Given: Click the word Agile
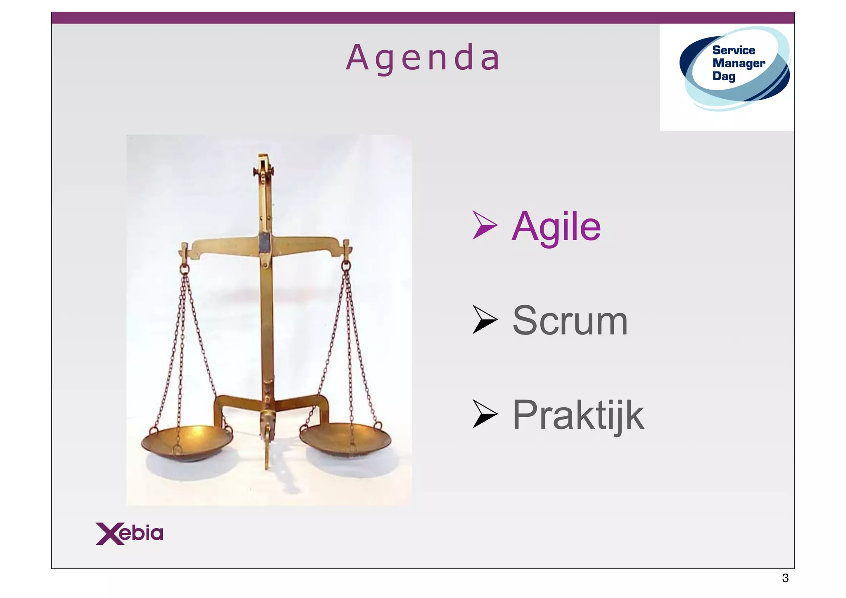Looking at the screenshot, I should [556, 227].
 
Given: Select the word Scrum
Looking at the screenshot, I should [570, 321].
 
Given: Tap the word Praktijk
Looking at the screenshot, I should [578, 415].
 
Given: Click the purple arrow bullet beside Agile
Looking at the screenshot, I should [484, 225].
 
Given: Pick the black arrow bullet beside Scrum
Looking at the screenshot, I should [484, 320].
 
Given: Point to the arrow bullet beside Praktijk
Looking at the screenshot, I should [484, 414].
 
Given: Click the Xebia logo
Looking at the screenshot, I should [129, 534].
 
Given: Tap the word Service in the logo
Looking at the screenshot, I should [734, 50].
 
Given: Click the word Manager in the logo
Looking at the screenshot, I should [739, 64].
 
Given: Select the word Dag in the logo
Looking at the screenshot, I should [724, 76].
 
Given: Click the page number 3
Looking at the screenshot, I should [785, 578].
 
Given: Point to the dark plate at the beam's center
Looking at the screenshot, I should [264, 242].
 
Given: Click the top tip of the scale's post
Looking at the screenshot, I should [263, 157].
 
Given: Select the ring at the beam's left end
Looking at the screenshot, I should [184, 269].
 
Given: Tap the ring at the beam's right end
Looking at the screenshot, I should [346, 266].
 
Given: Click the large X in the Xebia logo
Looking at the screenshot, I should [110, 534].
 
